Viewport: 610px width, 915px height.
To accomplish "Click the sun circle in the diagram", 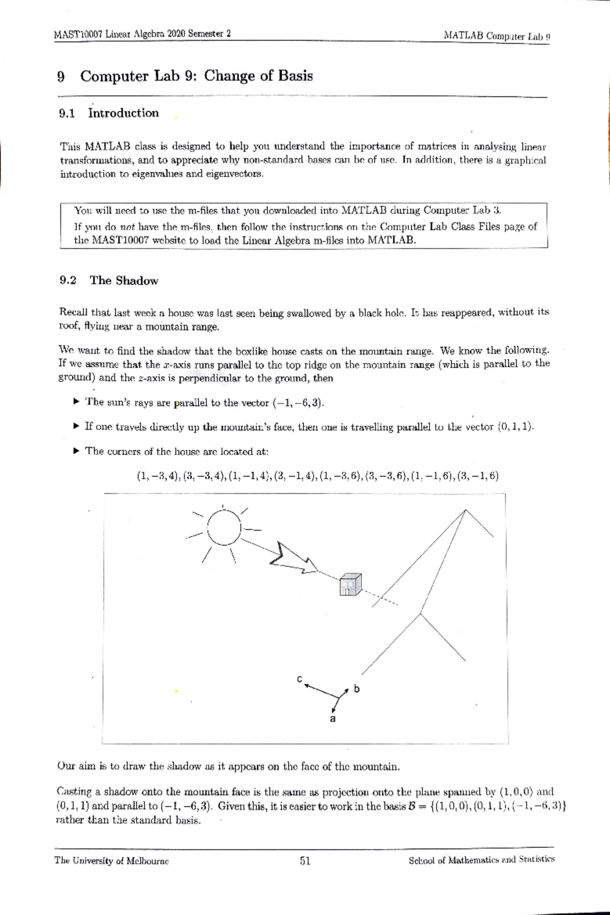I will point(223,527).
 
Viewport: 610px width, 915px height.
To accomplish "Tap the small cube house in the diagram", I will point(350,584).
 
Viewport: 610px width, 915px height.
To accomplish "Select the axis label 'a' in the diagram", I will point(333,719).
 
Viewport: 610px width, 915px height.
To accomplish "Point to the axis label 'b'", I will point(356,689).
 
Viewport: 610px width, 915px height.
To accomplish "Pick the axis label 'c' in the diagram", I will point(299,679).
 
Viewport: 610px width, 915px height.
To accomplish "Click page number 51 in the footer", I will point(305,861).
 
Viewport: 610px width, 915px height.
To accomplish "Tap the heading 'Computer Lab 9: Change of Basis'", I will point(196,76).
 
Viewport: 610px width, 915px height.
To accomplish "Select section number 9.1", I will point(67,113).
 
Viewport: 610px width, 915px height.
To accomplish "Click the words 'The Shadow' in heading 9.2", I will point(124,280).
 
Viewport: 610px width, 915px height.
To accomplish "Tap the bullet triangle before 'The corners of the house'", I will point(76,451).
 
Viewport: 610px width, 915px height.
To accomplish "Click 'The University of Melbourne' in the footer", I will point(111,861).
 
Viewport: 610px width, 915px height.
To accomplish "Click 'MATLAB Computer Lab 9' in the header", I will point(497,36).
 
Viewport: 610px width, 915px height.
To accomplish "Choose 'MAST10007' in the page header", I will point(78,34).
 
